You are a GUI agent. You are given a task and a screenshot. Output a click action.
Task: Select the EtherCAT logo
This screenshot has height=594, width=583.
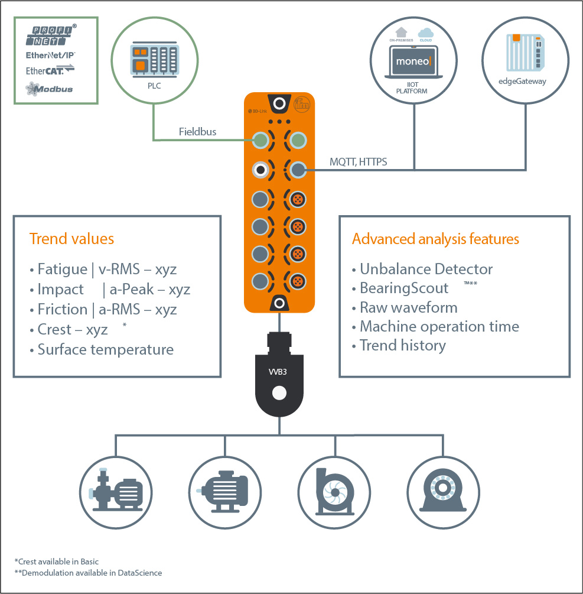50,71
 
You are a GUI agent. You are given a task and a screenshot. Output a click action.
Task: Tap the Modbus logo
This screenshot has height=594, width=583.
50,89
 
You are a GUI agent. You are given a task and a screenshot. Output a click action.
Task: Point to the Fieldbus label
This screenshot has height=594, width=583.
197,132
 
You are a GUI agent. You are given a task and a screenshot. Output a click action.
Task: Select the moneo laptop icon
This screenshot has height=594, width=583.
414,62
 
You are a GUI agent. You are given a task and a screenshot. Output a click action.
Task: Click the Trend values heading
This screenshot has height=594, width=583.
71,239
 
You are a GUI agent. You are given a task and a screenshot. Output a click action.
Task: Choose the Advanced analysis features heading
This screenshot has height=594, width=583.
435,239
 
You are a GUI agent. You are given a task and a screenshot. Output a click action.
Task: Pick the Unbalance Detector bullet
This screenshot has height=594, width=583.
426,270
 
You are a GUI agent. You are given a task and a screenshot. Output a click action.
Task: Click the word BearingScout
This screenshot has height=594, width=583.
404,288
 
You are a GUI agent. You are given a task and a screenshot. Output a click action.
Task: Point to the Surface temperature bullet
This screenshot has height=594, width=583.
105,349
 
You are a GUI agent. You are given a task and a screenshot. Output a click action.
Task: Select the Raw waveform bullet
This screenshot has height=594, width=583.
408,308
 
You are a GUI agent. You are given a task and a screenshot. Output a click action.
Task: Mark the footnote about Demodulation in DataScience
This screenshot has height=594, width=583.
88,573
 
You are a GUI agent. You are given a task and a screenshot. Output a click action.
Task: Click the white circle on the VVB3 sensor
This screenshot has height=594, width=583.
278,394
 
